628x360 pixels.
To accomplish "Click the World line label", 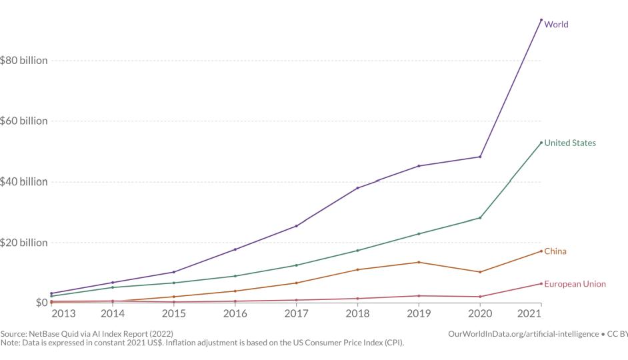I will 556,25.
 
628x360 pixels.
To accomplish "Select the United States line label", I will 570,143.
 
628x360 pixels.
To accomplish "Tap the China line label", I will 555,251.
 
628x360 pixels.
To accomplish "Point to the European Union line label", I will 575,284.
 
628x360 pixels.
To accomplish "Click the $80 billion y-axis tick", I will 24,61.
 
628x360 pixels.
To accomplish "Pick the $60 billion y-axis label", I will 24,121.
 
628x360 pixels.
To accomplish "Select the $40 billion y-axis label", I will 24,182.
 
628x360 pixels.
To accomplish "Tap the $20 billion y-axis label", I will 24,243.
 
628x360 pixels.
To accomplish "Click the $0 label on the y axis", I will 41,303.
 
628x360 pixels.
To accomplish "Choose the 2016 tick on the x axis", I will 235,313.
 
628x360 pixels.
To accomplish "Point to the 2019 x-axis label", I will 419,313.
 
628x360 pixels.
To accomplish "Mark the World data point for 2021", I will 541,20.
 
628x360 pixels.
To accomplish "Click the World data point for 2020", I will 480,157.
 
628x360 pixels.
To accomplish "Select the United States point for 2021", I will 541,142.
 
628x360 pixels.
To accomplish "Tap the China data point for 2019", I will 419,262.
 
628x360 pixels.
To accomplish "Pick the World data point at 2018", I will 357,188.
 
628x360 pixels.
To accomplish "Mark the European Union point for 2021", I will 541,283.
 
